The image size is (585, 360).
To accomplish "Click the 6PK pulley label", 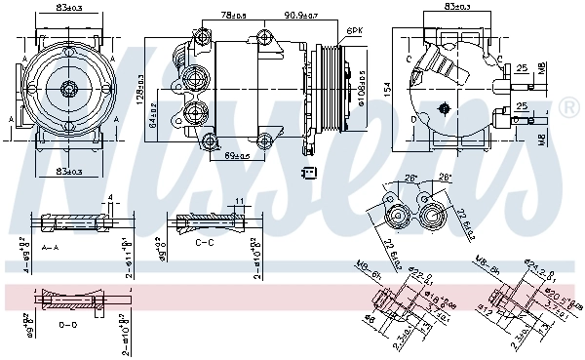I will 356,31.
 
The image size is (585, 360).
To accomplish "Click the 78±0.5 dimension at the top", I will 233,16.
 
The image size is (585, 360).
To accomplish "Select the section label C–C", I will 205,241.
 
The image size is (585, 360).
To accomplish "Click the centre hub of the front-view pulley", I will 69,90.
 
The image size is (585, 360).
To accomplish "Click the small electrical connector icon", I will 309,173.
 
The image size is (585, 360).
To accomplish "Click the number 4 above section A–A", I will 111,198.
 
